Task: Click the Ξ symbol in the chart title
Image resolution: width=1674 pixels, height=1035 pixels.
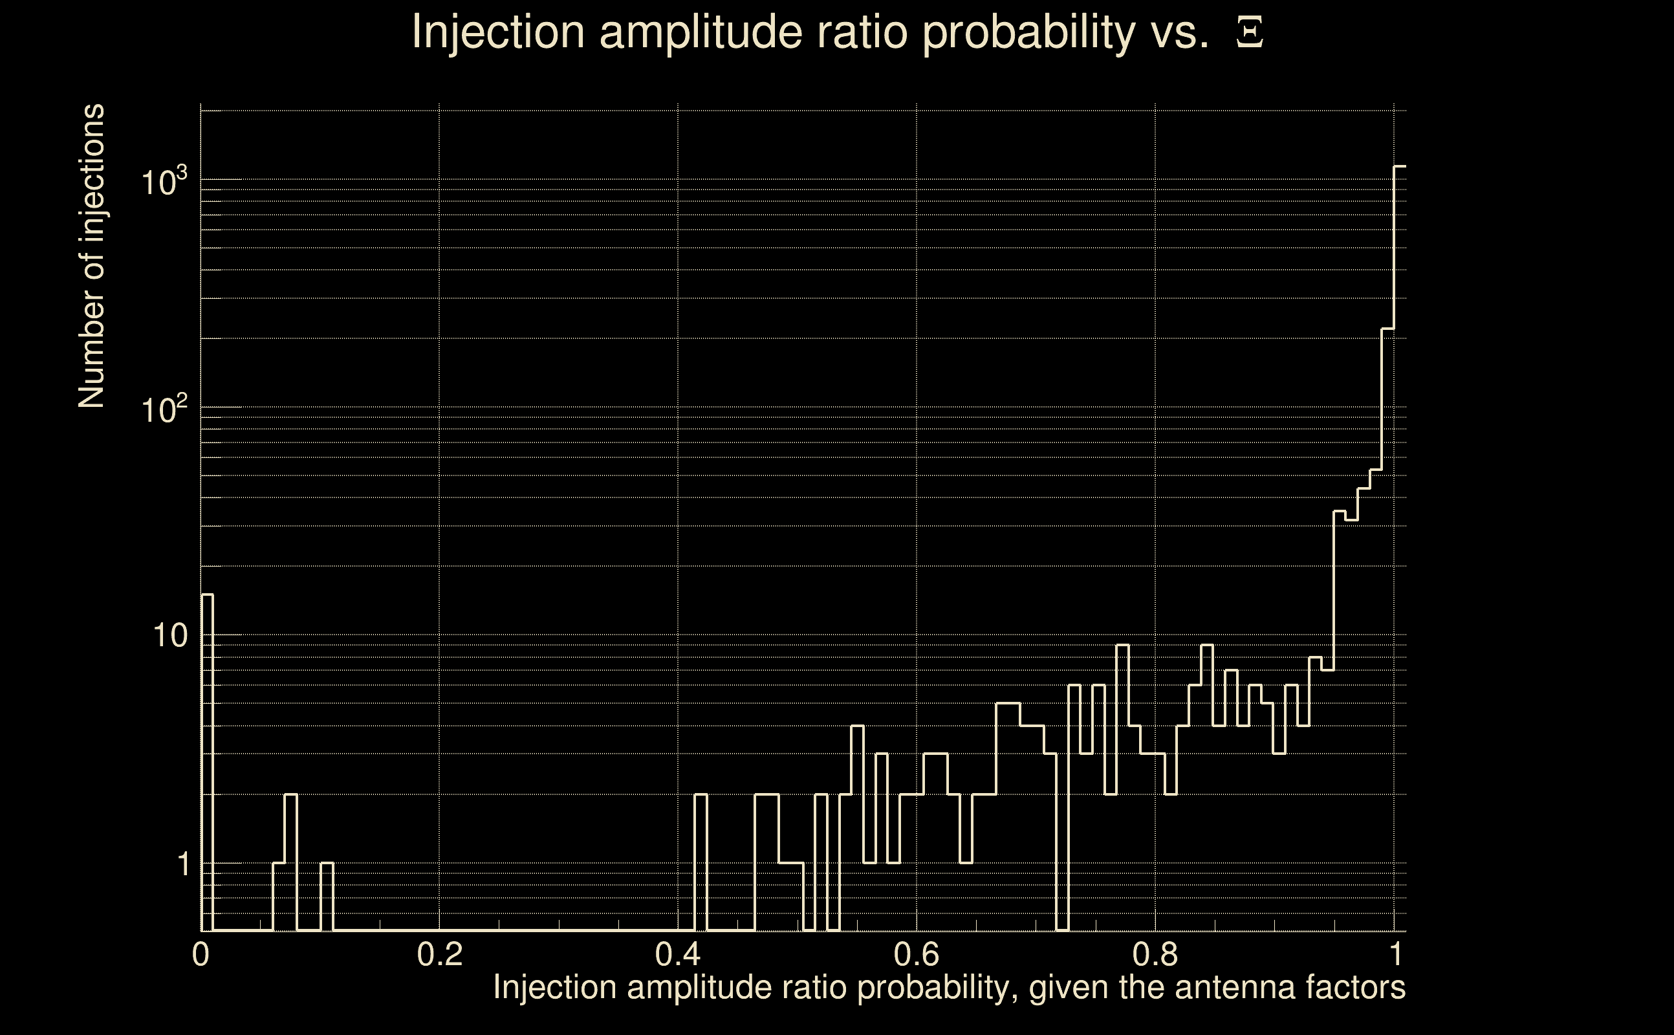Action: point(1249,32)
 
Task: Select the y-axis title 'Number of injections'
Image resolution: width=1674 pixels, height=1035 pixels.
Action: point(92,256)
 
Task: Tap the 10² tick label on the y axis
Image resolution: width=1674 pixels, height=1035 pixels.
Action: point(164,410)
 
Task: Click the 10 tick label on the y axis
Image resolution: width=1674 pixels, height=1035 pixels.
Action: point(169,636)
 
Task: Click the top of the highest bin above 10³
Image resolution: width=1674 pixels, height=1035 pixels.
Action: point(1400,166)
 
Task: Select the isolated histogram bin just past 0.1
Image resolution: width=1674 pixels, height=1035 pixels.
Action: point(327,897)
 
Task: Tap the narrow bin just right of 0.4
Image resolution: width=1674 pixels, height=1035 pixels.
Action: point(701,862)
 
